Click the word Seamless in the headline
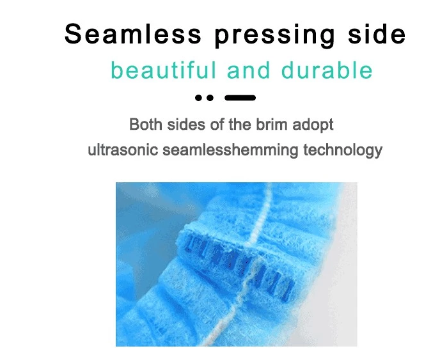pyautogui.click(x=133, y=34)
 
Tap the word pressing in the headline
pyautogui.click(x=275, y=36)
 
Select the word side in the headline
pyautogui.click(x=377, y=33)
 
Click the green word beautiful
pyautogui.click(x=164, y=70)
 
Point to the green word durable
pyautogui.click(x=327, y=70)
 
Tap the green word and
pyautogui.click(x=248, y=70)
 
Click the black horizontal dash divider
pyautogui.click(x=240, y=98)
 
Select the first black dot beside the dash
pyautogui.click(x=199, y=98)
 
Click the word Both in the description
pyautogui.click(x=146, y=124)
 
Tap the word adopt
pyautogui.click(x=313, y=125)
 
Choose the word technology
pyautogui.click(x=343, y=150)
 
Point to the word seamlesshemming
pyautogui.click(x=230, y=150)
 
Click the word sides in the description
pyautogui.click(x=186, y=124)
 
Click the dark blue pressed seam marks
pyautogui.click(x=239, y=265)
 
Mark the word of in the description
pyautogui.click(x=217, y=124)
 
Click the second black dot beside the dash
pyautogui.click(x=210, y=98)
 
